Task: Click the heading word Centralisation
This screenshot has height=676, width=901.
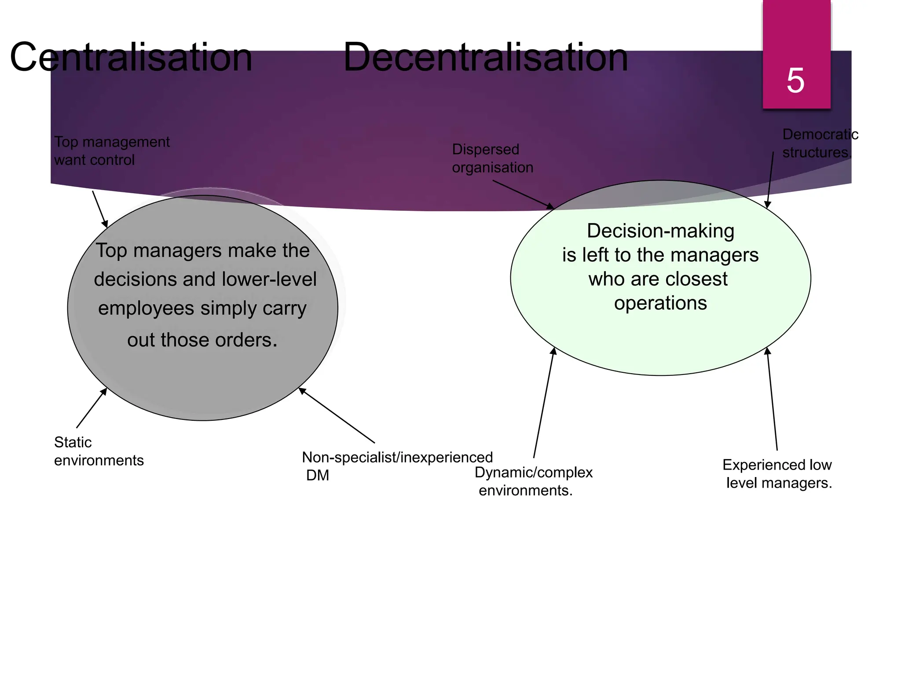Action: [131, 57]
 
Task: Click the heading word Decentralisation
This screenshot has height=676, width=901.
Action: [485, 57]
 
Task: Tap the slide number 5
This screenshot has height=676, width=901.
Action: [795, 81]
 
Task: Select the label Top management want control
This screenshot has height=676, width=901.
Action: [111, 151]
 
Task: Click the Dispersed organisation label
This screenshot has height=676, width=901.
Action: [492, 158]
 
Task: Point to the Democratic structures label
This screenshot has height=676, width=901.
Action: [820, 143]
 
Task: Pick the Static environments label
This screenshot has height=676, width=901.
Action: [99, 451]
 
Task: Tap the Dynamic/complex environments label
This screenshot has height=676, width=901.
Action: [533, 481]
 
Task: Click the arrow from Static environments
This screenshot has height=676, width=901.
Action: [92, 408]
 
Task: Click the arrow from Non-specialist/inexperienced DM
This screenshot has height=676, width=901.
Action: [337, 415]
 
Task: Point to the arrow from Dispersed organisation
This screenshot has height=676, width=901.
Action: [524, 195]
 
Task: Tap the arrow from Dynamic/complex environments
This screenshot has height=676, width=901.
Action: [544, 403]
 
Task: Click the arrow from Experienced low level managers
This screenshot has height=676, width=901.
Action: [773, 398]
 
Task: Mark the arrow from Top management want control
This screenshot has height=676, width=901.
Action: [100, 209]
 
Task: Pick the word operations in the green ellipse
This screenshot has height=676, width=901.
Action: [660, 303]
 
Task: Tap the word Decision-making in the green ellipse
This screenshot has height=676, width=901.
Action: [660, 231]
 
